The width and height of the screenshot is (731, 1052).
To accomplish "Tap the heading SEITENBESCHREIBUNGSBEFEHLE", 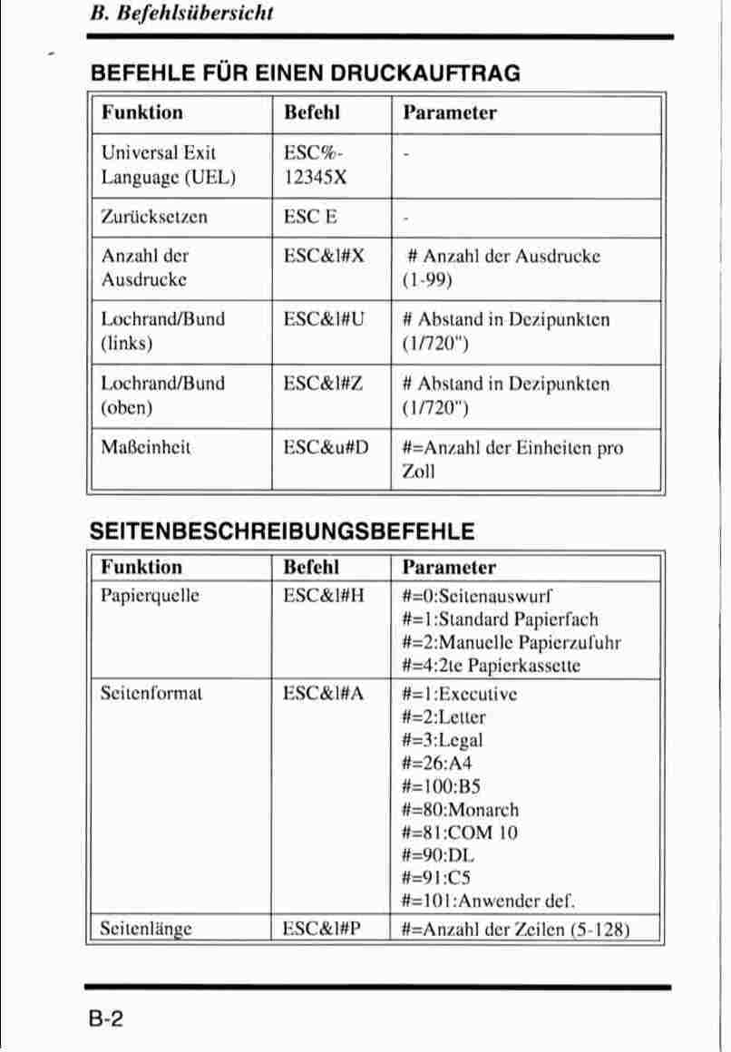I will (281, 531).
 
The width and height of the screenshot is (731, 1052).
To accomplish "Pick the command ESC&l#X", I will (324, 256).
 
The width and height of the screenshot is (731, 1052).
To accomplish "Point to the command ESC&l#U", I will (324, 319).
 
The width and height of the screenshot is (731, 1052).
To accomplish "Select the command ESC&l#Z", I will (324, 383).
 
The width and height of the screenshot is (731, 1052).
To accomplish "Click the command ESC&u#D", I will (327, 447).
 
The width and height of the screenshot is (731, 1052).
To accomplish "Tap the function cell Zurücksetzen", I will (154, 218).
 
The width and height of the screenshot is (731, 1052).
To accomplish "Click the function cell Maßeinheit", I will (146, 447).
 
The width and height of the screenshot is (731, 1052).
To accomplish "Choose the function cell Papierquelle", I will (150, 596).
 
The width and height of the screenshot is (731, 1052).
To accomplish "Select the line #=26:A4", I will (437, 764).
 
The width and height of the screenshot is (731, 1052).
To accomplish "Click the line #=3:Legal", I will (443, 741).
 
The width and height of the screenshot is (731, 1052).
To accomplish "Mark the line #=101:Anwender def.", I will (489, 901).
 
